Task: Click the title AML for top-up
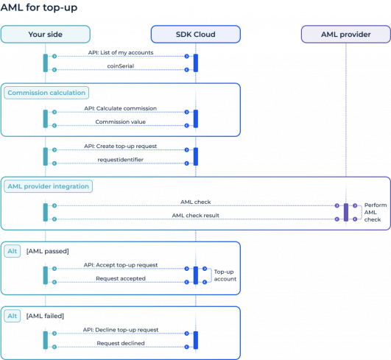(x=38, y=8)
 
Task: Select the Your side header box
(x=46, y=35)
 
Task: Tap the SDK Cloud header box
(x=195, y=35)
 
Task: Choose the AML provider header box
(x=345, y=35)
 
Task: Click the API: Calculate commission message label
(x=120, y=108)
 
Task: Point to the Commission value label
(x=120, y=125)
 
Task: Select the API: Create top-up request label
(x=120, y=146)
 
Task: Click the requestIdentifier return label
(x=120, y=159)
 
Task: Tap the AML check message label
(x=195, y=200)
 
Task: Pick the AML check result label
(x=195, y=215)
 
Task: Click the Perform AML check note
(x=373, y=211)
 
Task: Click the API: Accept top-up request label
(x=120, y=264)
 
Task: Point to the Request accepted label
(x=120, y=279)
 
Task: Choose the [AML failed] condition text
(x=46, y=316)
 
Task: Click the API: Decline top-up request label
(x=120, y=329)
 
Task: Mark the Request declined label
(x=120, y=343)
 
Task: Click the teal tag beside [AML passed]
(x=13, y=252)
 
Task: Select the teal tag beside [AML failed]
(x=13, y=316)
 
